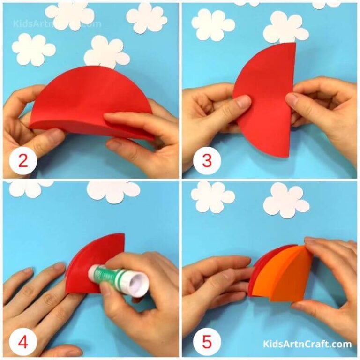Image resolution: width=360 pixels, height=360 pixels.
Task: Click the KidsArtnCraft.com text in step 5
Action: pos(307,344)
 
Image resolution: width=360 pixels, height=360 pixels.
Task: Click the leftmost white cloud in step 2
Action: pos(33,49)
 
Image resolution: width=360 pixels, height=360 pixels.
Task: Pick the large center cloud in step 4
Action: pos(113,191)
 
